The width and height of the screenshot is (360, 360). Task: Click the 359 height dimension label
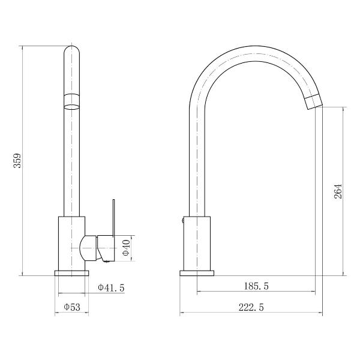[x=17, y=160]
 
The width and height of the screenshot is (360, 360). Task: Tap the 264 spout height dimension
[x=338, y=191]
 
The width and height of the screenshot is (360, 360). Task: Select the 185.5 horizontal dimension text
[x=256, y=286]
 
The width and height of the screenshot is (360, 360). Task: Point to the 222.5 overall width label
[x=251, y=307]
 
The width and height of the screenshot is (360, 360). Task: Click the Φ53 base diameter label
[x=72, y=307]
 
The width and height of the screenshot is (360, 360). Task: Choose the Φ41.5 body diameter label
[x=112, y=287]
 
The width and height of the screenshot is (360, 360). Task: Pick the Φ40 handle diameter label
[x=127, y=248]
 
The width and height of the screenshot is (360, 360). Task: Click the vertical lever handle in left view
[x=113, y=218]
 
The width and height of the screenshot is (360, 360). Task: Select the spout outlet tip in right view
[x=314, y=101]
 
